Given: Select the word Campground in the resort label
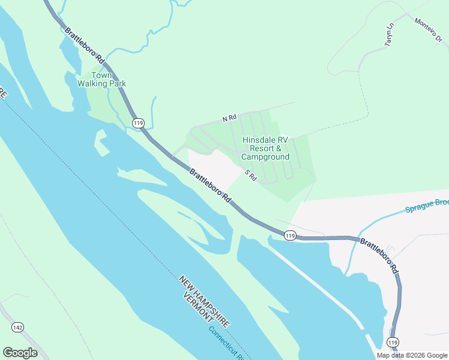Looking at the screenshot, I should click(265, 157).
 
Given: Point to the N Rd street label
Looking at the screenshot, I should click(229, 119).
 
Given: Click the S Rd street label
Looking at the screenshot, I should click(251, 175).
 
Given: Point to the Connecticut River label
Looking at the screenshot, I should click(225, 342).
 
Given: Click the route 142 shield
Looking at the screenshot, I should click(17, 326).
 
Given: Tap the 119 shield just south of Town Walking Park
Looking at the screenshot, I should click(139, 123).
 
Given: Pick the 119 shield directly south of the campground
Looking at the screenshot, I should click(290, 235).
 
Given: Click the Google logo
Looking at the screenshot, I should click(20, 353).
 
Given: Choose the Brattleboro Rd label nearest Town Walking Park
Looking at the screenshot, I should click(85, 47).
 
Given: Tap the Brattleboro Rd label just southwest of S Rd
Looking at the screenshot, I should click(210, 185).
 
